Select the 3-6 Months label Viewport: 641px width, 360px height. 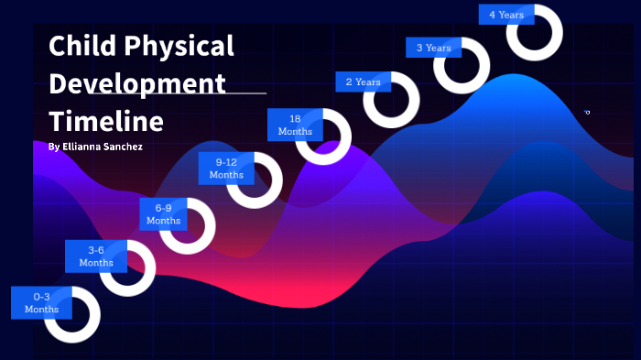[x=95, y=256]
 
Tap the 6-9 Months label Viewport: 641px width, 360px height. [x=163, y=214]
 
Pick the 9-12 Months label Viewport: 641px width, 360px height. [x=226, y=169]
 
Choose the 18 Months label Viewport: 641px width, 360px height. [x=295, y=125]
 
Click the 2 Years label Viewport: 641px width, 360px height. [x=364, y=82]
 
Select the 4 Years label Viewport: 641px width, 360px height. [x=506, y=15]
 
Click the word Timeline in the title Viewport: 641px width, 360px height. [x=106, y=122]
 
